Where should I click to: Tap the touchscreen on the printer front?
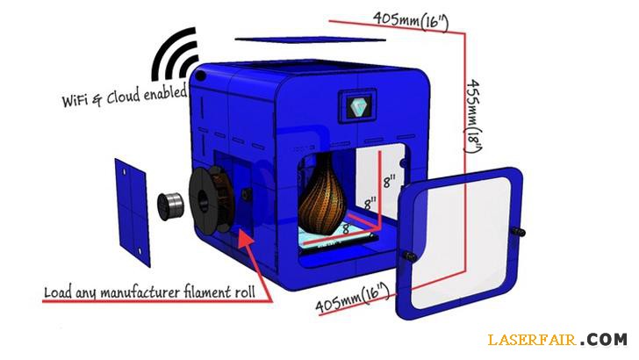358,108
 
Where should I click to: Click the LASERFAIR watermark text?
530,339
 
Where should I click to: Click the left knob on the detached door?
409,255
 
